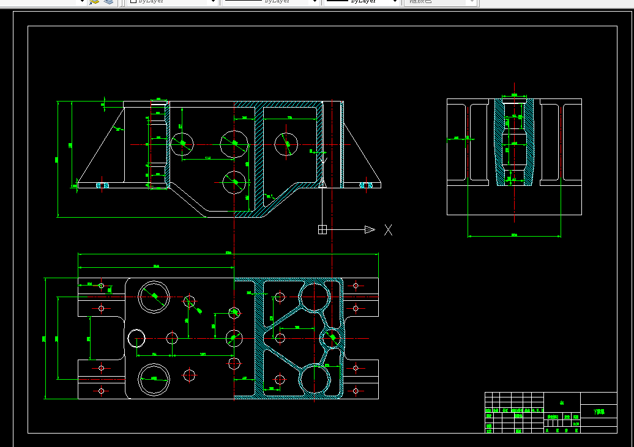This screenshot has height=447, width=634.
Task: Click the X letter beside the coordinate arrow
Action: (388, 230)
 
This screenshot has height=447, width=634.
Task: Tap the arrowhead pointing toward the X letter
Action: (370, 230)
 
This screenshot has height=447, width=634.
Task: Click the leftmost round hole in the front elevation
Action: (182, 144)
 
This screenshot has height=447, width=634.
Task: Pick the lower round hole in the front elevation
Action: (234, 182)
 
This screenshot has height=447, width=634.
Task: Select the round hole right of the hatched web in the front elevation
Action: (286, 144)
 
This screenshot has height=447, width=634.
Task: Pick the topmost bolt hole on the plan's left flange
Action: (102, 286)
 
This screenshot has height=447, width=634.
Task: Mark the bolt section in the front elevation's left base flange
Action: (102, 184)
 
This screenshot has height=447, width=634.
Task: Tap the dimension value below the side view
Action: (514, 235)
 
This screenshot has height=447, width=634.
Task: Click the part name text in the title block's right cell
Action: (599, 412)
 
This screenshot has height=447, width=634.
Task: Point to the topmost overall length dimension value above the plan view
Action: (228, 253)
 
